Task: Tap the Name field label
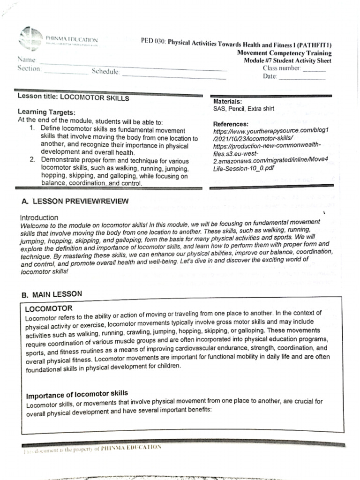[x=26, y=60]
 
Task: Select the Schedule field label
[x=106, y=72]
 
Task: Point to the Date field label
[x=270, y=77]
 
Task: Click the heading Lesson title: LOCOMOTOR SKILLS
[x=73, y=98]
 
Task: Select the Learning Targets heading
[x=46, y=112]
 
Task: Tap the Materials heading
[x=227, y=101]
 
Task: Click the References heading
[x=231, y=124]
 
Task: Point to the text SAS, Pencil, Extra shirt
[x=244, y=109]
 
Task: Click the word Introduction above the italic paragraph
[x=39, y=217]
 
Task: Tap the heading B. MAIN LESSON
[x=52, y=294]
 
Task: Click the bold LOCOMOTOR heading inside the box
[x=48, y=309]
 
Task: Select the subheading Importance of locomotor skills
[x=77, y=393]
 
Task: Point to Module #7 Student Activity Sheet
[x=287, y=61]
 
